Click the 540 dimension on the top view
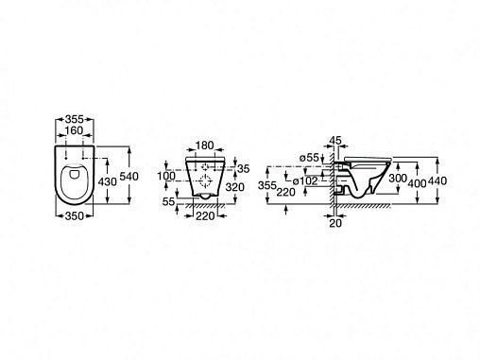129,176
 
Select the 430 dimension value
108,181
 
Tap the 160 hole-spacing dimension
74,130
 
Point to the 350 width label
75,216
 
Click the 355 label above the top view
75,119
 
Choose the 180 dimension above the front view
205,146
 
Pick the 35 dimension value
244,169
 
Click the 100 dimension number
166,176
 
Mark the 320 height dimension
235,187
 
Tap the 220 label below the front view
205,215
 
